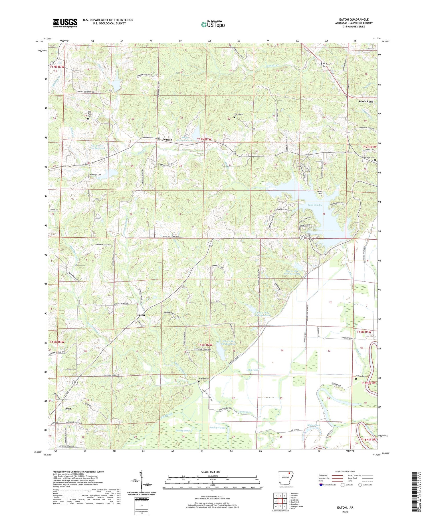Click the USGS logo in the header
coord(65,23)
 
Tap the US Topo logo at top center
coord(213,25)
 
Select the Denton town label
coord(167,139)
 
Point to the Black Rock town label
coord(366,101)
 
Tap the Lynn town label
coord(68,409)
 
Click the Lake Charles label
coord(315,205)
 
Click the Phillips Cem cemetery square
coord(356,379)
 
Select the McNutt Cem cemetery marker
coord(199,381)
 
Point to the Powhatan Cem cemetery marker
coord(375,160)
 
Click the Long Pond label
coord(253,370)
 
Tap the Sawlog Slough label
coord(218,428)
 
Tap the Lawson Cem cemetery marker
coord(321,196)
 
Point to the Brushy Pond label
coord(183,430)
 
